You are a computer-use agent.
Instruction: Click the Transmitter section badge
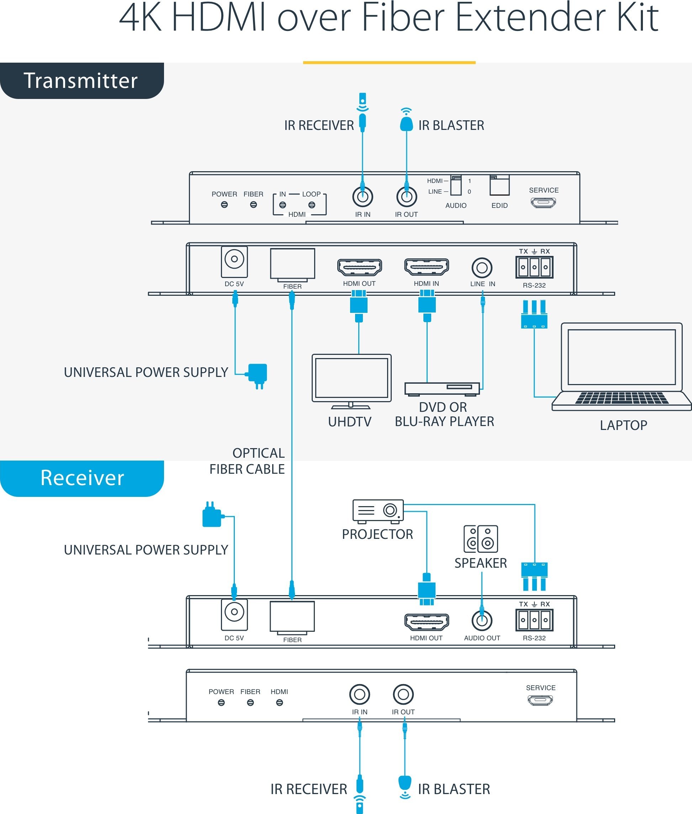click(81, 80)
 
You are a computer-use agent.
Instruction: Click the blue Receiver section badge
click(81, 478)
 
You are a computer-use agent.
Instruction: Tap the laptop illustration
click(622, 367)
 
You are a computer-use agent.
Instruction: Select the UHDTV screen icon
click(352, 381)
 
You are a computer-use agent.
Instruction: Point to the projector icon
click(378, 511)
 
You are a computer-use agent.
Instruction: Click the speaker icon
click(481, 539)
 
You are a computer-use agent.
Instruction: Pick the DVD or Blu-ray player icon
click(442, 389)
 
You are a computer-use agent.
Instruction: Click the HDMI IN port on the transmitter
click(427, 267)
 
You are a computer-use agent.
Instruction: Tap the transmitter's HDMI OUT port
click(359, 267)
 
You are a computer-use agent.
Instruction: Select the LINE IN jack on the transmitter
click(482, 268)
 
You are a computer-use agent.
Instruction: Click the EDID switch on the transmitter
click(500, 185)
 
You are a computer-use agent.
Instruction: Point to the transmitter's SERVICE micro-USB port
click(543, 203)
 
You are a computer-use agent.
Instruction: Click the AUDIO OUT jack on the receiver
click(482, 620)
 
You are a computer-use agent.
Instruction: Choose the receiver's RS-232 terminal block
click(534, 620)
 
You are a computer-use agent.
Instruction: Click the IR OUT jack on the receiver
click(403, 694)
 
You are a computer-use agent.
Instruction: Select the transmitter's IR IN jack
click(363, 196)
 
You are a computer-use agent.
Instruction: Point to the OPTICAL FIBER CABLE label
click(247, 461)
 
